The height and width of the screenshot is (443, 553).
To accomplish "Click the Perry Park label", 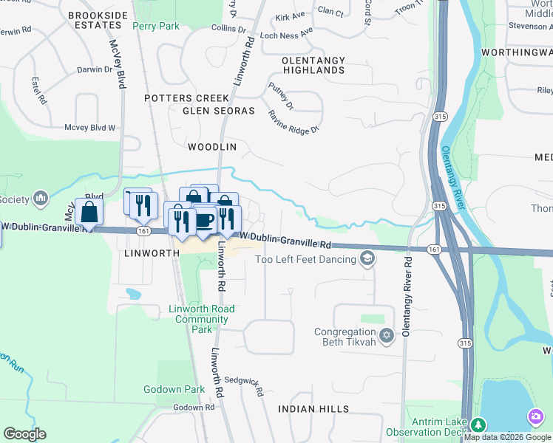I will tap(156, 26).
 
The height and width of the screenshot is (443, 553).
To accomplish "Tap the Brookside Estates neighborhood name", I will tap(94, 20).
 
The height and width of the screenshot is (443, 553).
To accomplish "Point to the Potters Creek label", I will tap(187, 98).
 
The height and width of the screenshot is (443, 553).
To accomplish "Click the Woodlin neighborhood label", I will tap(211, 147).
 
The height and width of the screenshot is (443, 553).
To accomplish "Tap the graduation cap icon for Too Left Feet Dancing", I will tap(367, 258).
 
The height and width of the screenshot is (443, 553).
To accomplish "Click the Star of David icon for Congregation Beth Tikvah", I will tap(386, 337).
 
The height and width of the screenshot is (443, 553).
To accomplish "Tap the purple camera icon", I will tap(535, 417).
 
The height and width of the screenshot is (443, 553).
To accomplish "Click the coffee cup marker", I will tap(204, 219).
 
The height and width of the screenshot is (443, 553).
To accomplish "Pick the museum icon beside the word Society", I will tap(41, 199).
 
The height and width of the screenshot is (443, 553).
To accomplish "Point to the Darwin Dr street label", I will tap(95, 70).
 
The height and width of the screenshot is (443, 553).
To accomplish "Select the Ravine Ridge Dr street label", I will tap(294, 121).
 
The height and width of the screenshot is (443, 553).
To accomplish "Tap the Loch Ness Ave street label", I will tap(287, 34).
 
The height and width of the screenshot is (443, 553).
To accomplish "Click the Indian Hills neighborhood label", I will tap(313, 409).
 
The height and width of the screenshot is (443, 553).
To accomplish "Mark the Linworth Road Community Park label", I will tap(202, 319).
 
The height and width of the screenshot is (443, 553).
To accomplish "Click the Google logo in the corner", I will tap(25, 434).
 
